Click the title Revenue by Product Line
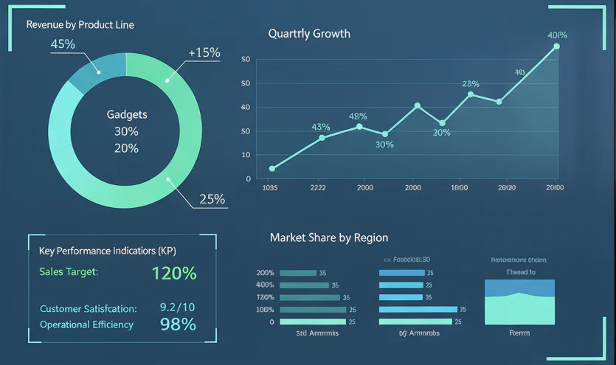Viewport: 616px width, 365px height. tap(80, 24)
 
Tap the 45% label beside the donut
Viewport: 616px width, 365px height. tap(63, 44)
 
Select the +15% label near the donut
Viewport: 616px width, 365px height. tap(204, 52)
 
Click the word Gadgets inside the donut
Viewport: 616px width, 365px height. tap(127, 114)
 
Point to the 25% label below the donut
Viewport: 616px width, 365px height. tap(212, 199)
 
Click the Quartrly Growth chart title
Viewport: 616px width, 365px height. tap(309, 33)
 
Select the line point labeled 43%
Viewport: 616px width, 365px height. tap(322, 137)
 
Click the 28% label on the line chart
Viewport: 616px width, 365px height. tap(470, 83)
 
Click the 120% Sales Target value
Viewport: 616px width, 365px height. tap(174, 274)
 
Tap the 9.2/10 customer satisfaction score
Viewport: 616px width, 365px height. tap(177, 307)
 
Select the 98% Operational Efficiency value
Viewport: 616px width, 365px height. tap(178, 324)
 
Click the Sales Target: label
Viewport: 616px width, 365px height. tap(69, 272)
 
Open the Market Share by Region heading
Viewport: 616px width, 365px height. tap(328, 237)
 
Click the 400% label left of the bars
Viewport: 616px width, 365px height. tap(264, 285)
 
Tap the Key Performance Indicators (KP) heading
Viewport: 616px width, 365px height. tap(107, 251)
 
